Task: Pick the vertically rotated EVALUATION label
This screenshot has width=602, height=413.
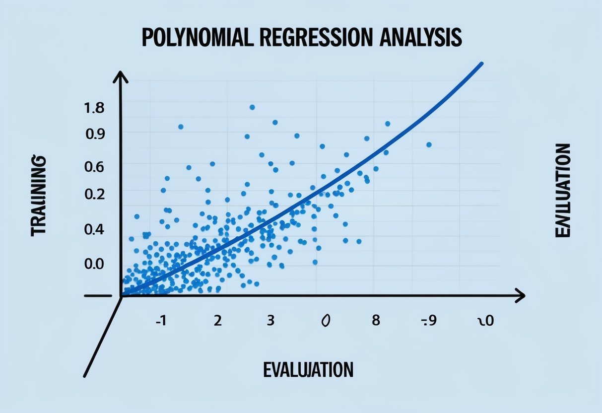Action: pyautogui.click(x=563, y=191)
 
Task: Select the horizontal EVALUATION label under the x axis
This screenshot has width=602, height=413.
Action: pyautogui.click(x=308, y=369)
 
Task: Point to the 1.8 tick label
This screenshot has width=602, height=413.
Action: pyautogui.click(x=95, y=109)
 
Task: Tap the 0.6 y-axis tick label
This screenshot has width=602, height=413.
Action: pyautogui.click(x=95, y=167)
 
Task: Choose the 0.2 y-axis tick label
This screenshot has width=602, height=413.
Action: pyautogui.click(x=95, y=194)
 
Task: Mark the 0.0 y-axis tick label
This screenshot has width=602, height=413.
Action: pyautogui.click(x=95, y=263)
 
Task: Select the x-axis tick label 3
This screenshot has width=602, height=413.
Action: pyautogui.click(x=270, y=320)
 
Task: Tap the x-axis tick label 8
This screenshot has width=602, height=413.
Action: pyautogui.click(x=376, y=320)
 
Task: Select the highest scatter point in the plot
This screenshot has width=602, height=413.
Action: pyautogui.click(x=252, y=107)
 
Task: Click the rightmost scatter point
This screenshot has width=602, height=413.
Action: pyautogui.click(x=429, y=144)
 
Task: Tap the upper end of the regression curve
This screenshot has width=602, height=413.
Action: pyautogui.click(x=481, y=64)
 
